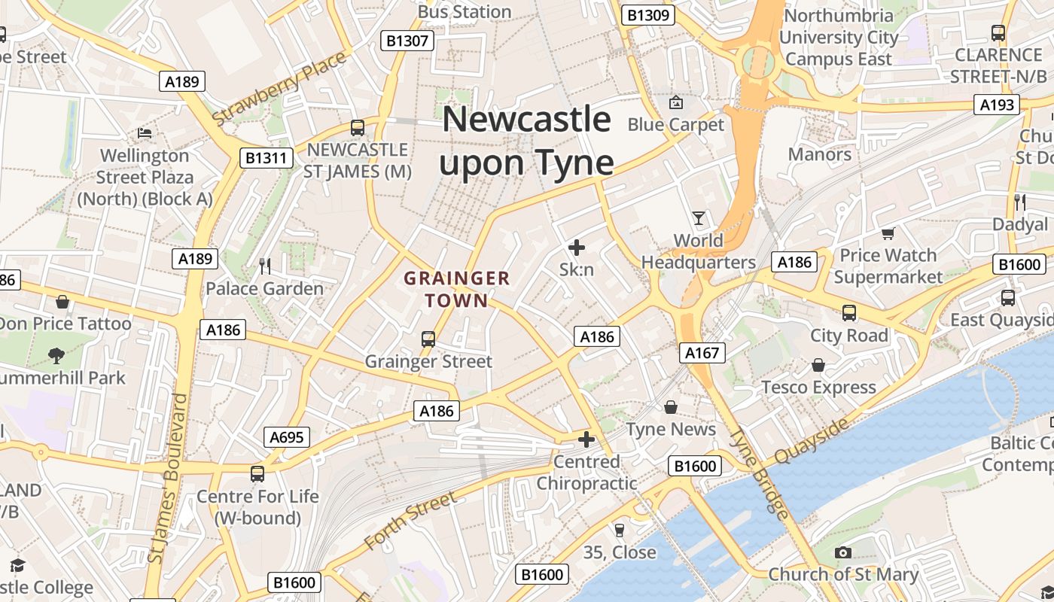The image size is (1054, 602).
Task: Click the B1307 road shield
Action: pos(407,41)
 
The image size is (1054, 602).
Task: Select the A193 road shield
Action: pos(997,105)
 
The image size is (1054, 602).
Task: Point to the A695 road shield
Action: pos(287,437)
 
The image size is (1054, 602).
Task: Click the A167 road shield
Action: pos(702,352)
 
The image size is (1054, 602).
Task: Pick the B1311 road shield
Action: pos(266,158)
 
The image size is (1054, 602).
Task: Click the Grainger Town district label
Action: pos(456,290)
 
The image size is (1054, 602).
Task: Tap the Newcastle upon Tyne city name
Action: pos(526,141)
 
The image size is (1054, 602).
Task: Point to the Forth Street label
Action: pos(410,520)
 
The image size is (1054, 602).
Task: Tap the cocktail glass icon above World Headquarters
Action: pos(699,218)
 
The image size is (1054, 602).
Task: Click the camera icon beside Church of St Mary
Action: pos(843,553)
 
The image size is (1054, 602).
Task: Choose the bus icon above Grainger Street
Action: pos(428,339)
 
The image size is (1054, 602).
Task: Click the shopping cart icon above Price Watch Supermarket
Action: pos(888,234)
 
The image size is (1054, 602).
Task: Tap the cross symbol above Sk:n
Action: pos(577,247)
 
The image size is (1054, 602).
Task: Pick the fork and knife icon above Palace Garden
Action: pos(264,266)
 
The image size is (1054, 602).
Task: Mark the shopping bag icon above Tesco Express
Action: pos(818,366)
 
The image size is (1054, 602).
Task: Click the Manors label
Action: pos(819,154)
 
